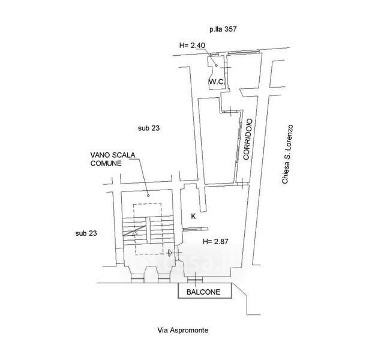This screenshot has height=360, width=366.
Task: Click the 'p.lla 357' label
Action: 223,29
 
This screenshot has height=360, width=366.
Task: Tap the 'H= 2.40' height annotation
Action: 192,45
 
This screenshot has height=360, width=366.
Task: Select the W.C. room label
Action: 217,82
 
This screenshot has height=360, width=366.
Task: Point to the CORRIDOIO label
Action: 248,139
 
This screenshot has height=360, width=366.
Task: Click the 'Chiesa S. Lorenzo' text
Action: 287,154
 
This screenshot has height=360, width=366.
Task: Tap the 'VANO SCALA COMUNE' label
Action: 113,159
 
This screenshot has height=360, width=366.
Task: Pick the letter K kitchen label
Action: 193,217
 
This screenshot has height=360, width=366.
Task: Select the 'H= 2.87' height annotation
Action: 215,241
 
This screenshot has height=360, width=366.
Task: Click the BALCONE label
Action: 203,292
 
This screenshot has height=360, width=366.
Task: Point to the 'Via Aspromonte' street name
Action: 183,330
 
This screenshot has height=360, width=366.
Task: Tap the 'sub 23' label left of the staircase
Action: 86,233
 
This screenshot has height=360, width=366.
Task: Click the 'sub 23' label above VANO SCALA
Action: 149,128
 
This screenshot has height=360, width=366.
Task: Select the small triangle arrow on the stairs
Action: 134,233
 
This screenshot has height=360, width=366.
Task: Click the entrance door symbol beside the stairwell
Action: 170,253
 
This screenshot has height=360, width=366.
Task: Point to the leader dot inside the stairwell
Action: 148,196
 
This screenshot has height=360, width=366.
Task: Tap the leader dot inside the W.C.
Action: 217,65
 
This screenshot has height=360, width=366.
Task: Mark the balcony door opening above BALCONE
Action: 195,279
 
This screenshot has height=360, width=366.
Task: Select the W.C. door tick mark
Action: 225,67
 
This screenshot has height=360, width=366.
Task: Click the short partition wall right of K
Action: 196,229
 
